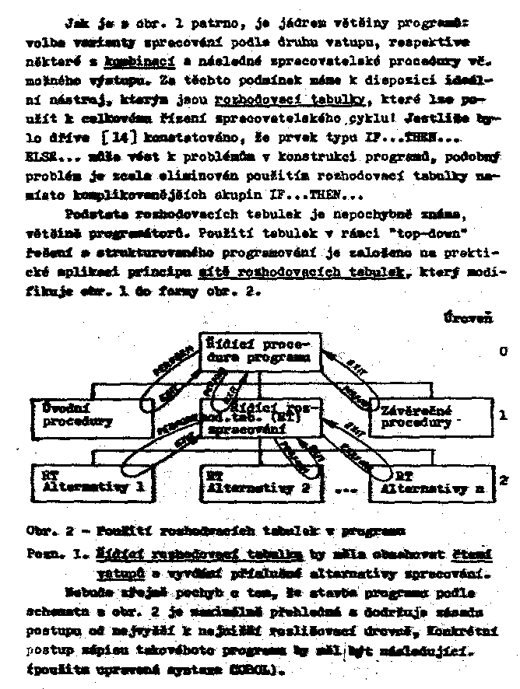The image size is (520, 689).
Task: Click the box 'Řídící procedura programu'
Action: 257,351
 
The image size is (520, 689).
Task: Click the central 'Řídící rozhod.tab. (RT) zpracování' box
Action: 251,416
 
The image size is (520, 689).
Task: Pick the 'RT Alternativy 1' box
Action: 92,481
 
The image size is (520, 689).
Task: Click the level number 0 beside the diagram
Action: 503,351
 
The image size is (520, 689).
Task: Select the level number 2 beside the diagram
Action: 503,480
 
